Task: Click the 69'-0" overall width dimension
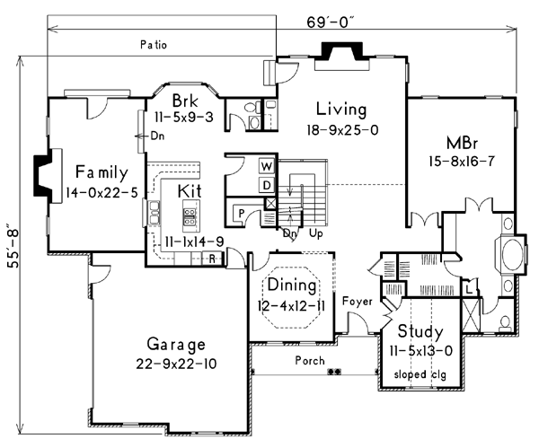click(331, 22)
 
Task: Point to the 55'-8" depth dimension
click(13, 248)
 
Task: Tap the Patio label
click(154, 45)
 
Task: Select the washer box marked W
click(266, 166)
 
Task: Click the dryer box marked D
click(267, 185)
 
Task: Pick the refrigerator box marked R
click(212, 259)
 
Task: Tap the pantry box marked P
click(242, 214)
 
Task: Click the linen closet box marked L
click(469, 288)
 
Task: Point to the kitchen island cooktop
click(190, 216)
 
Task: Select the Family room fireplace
click(47, 176)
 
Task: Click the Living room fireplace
click(342, 55)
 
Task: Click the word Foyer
click(358, 302)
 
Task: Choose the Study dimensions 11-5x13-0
click(420, 351)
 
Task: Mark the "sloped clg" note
click(420, 374)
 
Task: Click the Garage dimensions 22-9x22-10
click(176, 364)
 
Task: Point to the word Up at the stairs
click(316, 233)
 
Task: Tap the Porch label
click(310, 360)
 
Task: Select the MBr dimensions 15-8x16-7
click(462, 161)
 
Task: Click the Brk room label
click(185, 101)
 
